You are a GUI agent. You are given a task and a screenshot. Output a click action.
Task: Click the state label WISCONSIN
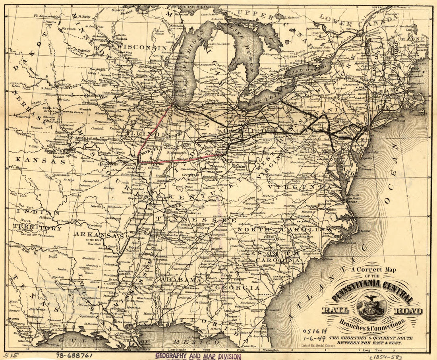click(x=141, y=47)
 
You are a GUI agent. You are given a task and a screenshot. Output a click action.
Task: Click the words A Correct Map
click(x=373, y=270)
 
